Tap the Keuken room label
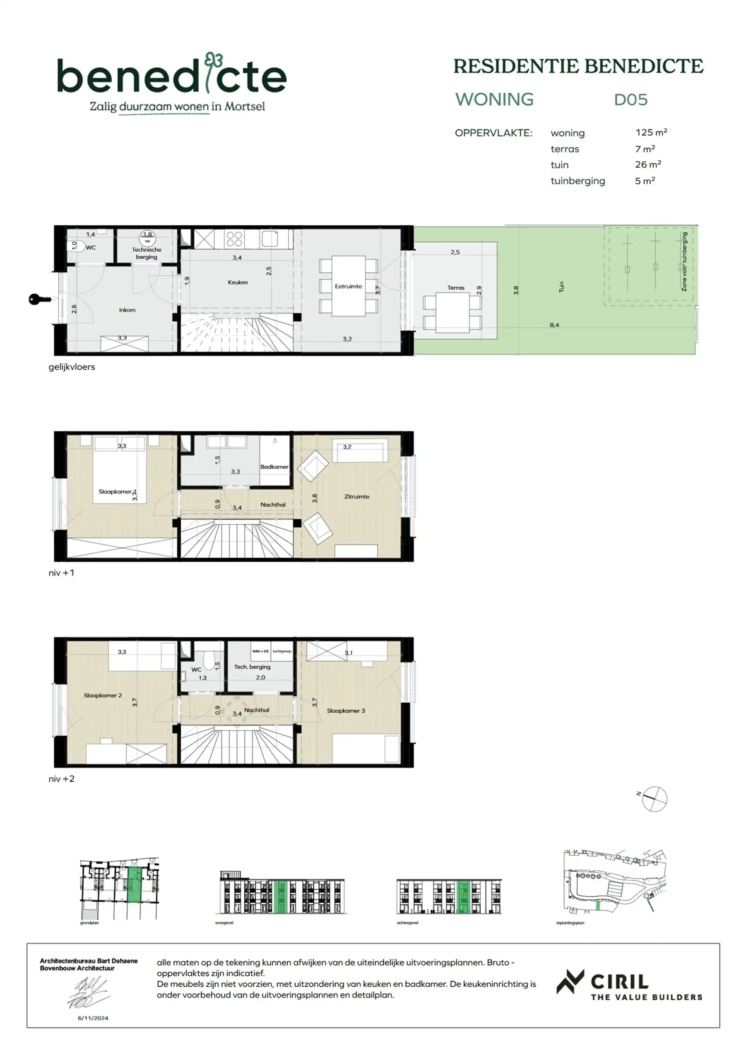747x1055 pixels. pos(237,282)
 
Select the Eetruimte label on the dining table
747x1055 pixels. pos(348,286)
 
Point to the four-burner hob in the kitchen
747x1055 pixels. pos(234,239)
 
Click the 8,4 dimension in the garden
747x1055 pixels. pos(554,325)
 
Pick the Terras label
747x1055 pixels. pos(455,288)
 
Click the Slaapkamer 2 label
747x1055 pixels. pos(103,695)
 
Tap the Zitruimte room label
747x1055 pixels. pos(356,496)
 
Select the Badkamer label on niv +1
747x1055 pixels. pos(274,466)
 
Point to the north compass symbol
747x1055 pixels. pos(654,799)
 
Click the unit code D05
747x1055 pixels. pos(630,100)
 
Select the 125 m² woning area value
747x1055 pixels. pos(651,132)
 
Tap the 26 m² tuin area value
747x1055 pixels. pos(648,165)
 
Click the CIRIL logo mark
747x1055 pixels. pos(570,982)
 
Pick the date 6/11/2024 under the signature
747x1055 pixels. pos(93,1018)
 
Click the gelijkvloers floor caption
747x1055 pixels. pos(72,367)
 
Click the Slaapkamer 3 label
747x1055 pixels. pos(345,711)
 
